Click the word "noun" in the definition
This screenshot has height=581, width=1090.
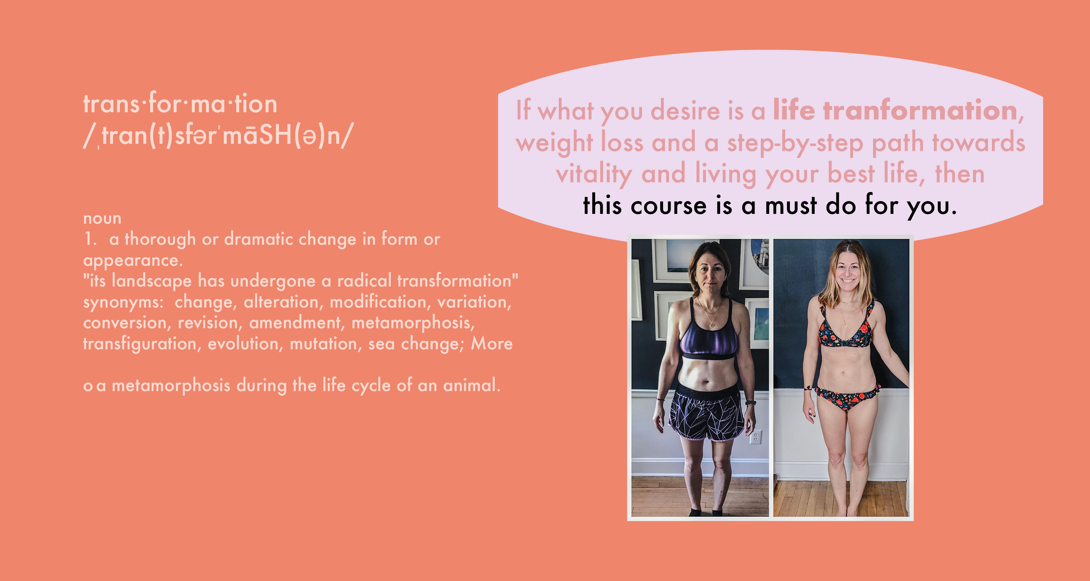102,218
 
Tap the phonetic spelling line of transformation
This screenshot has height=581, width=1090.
218,136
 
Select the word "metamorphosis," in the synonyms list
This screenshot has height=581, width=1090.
413,323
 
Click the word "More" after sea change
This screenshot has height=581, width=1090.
492,344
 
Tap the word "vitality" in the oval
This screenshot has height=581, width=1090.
594,174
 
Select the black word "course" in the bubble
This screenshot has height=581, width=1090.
669,206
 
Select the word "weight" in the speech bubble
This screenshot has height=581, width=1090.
554,143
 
